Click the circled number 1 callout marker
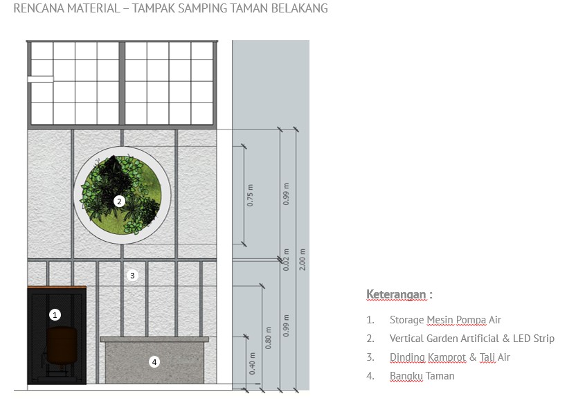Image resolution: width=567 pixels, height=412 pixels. pyautogui.click(x=55, y=314)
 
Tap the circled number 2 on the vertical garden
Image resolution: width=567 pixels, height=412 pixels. pyautogui.click(x=119, y=201)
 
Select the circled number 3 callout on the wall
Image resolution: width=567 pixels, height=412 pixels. pyautogui.click(x=134, y=275)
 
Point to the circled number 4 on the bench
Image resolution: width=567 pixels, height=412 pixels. pyautogui.click(x=154, y=361)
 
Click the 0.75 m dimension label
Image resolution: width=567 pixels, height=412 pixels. pyautogui.click(x=251, y=196)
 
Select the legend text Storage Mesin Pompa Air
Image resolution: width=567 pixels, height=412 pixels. pyautogui.click(x=445, y=320)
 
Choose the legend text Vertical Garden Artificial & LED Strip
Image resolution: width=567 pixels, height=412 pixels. pyautogui.click(x=471, y=339)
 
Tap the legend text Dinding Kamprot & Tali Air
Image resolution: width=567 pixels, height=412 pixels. pyautogui.click(x=449, y=357)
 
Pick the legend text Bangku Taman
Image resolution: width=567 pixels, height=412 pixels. pyautogui.click(x=422, y=376)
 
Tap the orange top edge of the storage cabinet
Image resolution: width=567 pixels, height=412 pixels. pyautogui.click(x=57, y=287)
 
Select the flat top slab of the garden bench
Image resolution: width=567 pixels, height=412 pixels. pyautogui.click(x=154, y=339)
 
